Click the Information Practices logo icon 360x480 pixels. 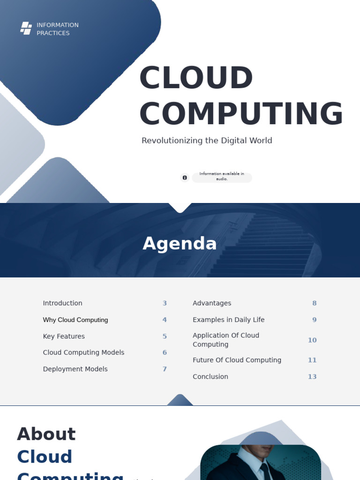pyautogui.click(x=26, y=29)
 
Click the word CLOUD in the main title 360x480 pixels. pyautogui.click(x=196, y=77)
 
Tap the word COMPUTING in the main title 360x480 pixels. pyautogui.click(x=241, y=113)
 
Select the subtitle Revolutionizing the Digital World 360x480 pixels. pyautogui.click(x=207, y=141)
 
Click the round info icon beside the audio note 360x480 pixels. pyautogui.click(x=185, y=178)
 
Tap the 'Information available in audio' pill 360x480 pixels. pyautogui.click(x=222, y=176)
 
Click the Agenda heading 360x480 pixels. pyautogui.click(x=180, y=244)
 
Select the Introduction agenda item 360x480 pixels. pyautogui.click(x=62, y=303)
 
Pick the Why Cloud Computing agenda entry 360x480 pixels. pyautogui.click(x=75, y=320)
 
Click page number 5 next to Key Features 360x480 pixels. pyautogui.click(x=165, y=336)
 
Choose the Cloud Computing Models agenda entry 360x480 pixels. pyautogui.click(x=83, y=352)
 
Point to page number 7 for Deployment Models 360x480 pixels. pyautogui.click(x=165, y=369)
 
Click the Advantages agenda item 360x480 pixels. pyautogui.click(x=212, y=303)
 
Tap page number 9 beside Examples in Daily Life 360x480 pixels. pyautogui.click(x=315, y=320)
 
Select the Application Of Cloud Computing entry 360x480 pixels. pyautogui.click(x=226, y=340)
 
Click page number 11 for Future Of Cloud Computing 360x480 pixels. pyautogui.click(x=312, y=360)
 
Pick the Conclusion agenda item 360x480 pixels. pyautogui.click(x=210, y=376)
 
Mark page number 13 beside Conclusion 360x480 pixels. pyautogui.click(x=312, y=376)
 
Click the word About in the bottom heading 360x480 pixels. pyautogui.click(x=46, y=434)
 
